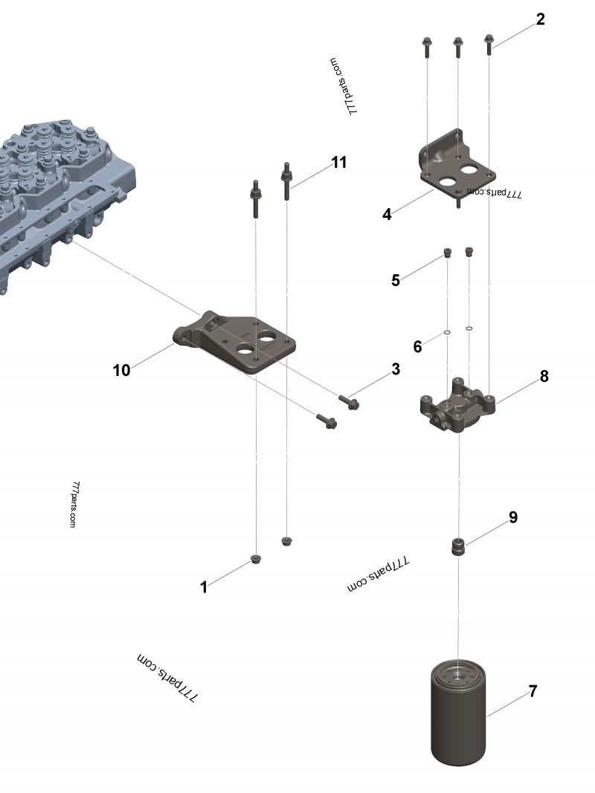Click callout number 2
(541, 19)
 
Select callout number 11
(339, 162)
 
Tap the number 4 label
(387, 215)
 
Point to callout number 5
(396, 280)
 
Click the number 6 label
(417, 346)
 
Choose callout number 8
(544, 376)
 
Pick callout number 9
(513, 517)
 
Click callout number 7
(533, 691)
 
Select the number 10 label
(121, 370)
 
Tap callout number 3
(396, 369)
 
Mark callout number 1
(204, 587)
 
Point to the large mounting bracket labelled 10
(238, 342)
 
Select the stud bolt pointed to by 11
(286, 182)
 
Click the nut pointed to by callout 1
(256, 559)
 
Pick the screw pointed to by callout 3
(349, 401)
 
